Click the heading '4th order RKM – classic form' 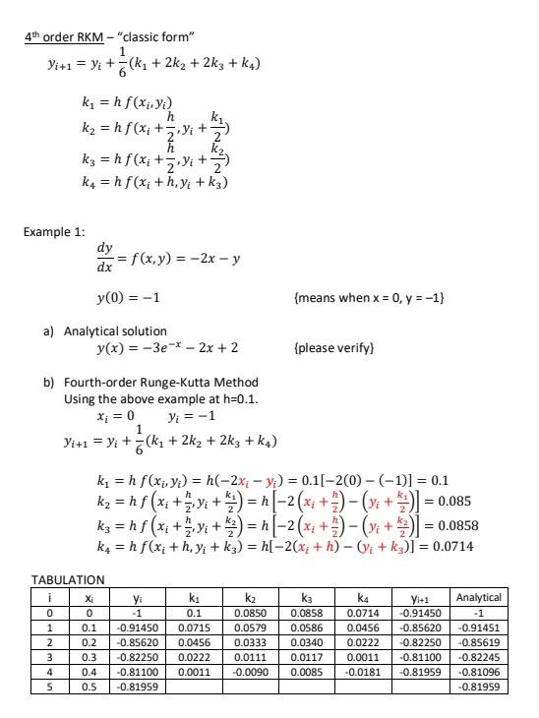point(111,38)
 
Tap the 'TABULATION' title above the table point(67,580)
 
